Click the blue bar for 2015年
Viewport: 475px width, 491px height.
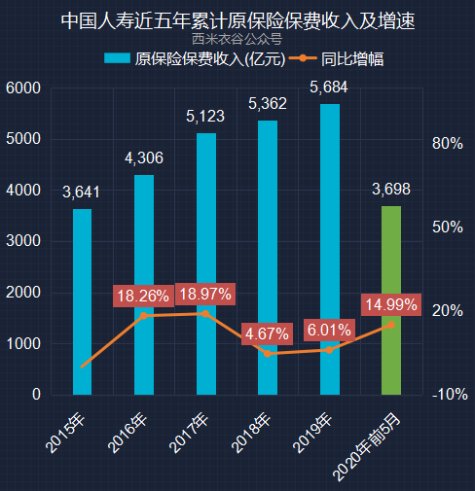click(83, 301)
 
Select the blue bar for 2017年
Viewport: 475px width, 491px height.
click(205, 263)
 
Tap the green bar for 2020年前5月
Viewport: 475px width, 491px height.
click(390, 300)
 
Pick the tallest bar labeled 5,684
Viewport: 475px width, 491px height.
click(329, 249)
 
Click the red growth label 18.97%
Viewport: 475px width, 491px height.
click(205, 294)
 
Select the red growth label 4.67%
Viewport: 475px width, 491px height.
click(267, 334)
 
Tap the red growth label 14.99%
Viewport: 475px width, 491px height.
click(390, 304)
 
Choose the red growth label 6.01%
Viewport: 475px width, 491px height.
click(329, 331)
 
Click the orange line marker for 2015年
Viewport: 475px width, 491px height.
click(83, 367)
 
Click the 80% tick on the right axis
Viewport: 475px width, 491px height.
click(447, 144)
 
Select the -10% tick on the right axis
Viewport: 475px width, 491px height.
click(449, 395)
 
